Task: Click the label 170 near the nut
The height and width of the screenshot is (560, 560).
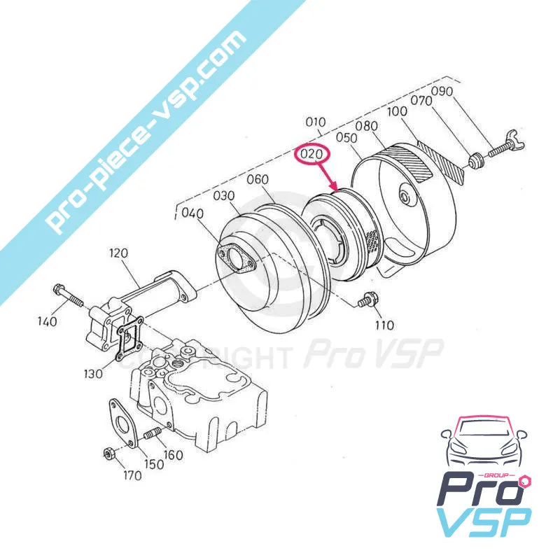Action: point(132,475)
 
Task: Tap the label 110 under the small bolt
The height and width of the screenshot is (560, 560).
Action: point(384,325)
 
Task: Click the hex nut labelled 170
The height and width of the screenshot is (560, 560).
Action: point(110,451)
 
